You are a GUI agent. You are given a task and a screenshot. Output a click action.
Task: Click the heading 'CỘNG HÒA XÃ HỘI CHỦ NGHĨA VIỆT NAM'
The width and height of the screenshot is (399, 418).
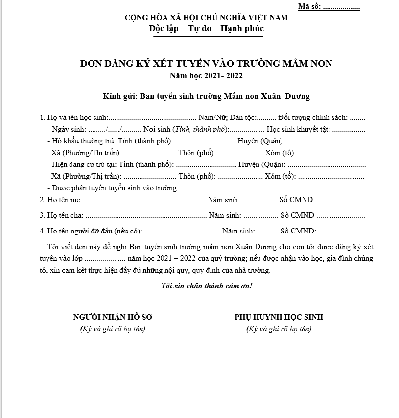coord(206,18)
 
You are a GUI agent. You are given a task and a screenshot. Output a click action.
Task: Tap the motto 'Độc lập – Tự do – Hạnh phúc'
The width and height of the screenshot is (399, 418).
coord(206,28)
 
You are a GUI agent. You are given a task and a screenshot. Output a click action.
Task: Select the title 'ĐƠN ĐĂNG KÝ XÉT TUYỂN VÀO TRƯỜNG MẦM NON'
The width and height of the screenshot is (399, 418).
coord(206,63)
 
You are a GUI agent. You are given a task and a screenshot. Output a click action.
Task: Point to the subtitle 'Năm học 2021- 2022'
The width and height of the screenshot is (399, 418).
coord(206,76)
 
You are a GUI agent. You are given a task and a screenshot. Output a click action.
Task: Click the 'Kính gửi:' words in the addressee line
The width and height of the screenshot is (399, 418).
coord(120,96)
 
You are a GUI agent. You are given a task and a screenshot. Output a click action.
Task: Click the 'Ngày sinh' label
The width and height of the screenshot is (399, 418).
coord(69,130)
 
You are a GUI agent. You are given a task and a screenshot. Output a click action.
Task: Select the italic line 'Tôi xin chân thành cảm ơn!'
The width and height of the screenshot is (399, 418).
coord(206,285)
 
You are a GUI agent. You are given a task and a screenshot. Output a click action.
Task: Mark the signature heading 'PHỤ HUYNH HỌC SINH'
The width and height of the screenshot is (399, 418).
coord(279,317)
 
